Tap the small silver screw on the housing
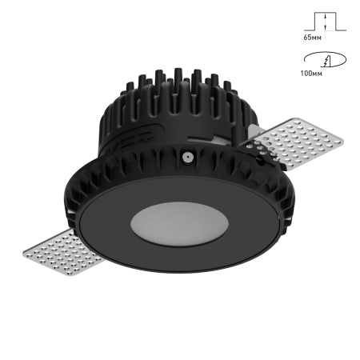pos(186,158)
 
